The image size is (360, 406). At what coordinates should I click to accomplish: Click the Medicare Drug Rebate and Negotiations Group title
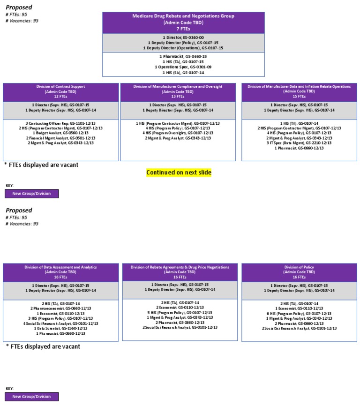183,16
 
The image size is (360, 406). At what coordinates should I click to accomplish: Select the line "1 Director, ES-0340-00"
183,38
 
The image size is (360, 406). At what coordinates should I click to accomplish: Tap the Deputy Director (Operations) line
183,48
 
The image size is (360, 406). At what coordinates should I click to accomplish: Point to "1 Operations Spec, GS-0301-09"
183,67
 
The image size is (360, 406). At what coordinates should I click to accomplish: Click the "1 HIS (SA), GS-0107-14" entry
183,73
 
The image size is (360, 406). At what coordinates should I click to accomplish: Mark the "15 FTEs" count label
299,96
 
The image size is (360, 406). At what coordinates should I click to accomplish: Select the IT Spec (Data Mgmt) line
299,143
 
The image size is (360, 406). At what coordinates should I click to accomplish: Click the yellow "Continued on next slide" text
179,173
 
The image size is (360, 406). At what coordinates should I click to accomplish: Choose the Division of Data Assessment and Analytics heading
61,267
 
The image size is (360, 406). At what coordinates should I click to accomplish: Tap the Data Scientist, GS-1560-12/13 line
61,328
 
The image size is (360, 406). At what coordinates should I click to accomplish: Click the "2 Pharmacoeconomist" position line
61,308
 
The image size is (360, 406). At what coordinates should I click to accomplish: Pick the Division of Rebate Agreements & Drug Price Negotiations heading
180,267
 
